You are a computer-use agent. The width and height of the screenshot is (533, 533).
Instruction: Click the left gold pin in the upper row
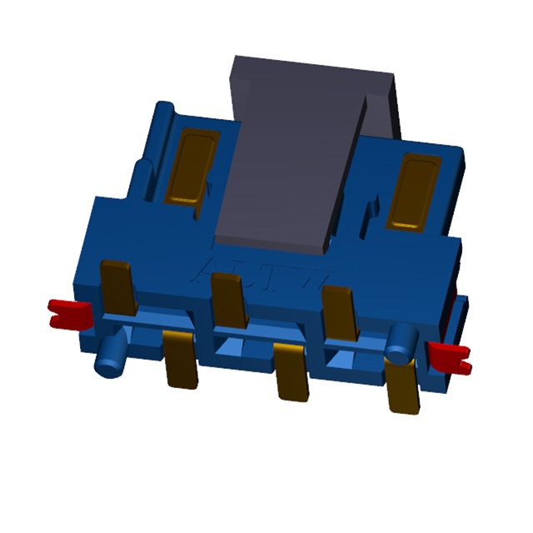117,287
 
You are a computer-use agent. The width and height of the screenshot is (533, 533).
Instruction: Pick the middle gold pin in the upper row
227,296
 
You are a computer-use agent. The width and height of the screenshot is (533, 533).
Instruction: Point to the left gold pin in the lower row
179,358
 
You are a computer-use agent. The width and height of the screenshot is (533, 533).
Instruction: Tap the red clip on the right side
450,356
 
